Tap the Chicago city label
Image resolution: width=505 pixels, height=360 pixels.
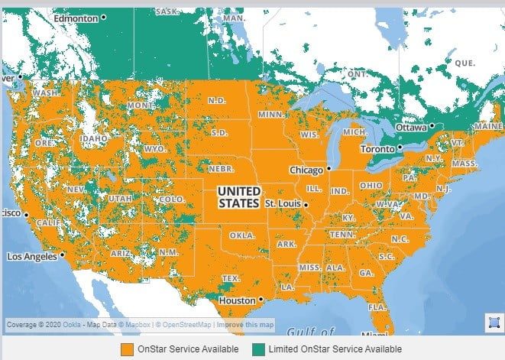pyautogui.click(x=306, y=169)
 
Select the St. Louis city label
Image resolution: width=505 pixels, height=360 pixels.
pyautogui.click(x=283, y=205)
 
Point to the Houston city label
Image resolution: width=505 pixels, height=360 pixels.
pyautogui.click(x=236, y=300)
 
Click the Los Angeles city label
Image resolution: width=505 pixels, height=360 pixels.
pyautogui.click(x=31, y=256)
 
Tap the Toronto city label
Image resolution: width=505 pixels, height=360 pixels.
pyautogui.click(x=377, y=148)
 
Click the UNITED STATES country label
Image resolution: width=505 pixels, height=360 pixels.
pyautogui.click(x=238, y=197)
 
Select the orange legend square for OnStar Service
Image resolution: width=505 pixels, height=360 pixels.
pyautogui.click(x=126, y=349)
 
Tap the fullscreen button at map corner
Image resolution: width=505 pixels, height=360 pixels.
pyautogui.click(x=493, y=322)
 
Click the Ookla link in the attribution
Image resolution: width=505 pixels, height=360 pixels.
pyautogui.click(x=73, y=325)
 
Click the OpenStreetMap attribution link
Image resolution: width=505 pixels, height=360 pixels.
pyautogui.click(x=183, y=325)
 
